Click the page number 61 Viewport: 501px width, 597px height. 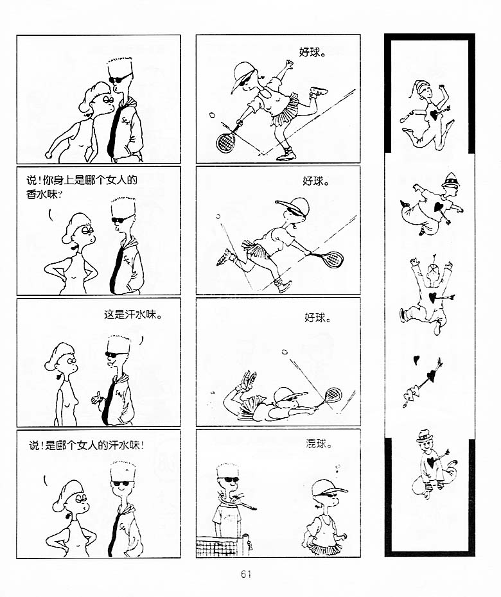(x=246, y=574)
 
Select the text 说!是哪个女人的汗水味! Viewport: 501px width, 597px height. (x=87, y=445)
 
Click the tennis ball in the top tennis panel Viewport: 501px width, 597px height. (x=212, y=114)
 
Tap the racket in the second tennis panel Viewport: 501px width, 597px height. (x=328, y=259)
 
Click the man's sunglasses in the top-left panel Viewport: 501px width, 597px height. (x=119, y=78)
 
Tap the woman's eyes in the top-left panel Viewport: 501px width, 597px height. (x=108, y=100)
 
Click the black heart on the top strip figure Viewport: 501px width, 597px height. (x=433, y=114)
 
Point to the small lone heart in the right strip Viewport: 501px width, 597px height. (x=416, y=359)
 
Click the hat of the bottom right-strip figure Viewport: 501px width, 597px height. (x=425, y=437)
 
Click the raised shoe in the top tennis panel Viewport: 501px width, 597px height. (x=318, y=92)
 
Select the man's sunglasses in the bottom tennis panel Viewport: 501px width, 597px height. (x=229, y=480)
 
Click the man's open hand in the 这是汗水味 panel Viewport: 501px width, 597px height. (x=96, y=397)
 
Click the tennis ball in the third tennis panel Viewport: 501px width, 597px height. (x=284, y=352)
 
